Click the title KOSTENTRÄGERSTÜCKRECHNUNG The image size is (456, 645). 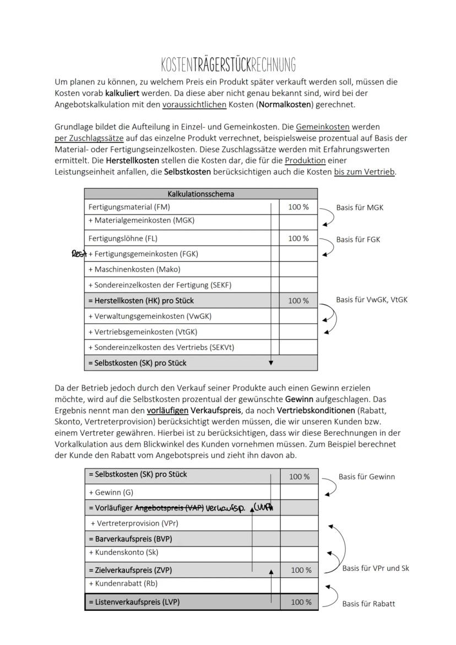(228, 64)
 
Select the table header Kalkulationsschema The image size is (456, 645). (200, 194)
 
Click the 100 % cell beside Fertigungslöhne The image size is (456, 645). (298, 239)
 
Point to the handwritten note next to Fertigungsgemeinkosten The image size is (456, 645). (79, 254)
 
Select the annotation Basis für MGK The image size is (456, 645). (360, 208)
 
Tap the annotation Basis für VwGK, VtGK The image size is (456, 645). (372, 300)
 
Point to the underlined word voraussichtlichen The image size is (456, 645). (187, 104)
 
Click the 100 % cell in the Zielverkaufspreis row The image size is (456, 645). (301, 570)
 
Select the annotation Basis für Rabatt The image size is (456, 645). (368, 603)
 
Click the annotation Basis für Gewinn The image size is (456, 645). (366, 476)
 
